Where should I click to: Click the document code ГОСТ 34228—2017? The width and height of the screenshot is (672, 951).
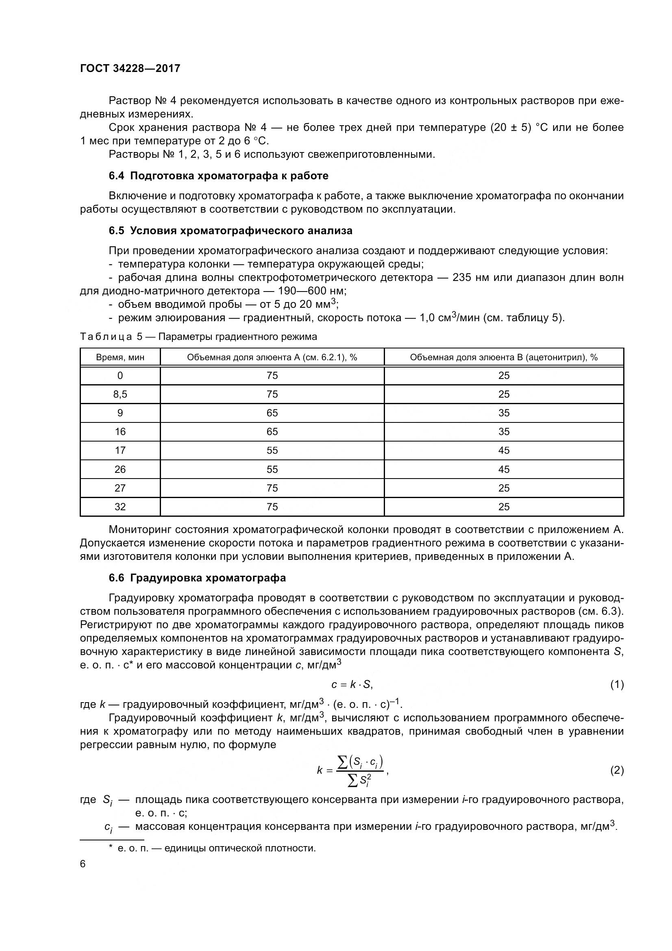(130, 68)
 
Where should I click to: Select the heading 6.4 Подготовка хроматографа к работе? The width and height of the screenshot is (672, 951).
(219, 176)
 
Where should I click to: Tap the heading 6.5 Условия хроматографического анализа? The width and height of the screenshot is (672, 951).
(231, 231)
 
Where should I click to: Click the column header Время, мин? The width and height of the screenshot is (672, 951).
(120, 357)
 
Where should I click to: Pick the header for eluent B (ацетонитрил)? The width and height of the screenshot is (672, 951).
(503, 357)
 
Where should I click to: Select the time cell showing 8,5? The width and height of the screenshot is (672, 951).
(120, 394)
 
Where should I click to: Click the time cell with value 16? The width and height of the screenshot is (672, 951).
(120, 432)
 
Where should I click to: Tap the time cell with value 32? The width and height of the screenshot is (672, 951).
(120, 507)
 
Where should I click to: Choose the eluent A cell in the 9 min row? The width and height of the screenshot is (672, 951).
(272, 413)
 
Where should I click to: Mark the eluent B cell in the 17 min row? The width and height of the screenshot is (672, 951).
(503, 450)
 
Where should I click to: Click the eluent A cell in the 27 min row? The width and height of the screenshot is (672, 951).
(272, 488)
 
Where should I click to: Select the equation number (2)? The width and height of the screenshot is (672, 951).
(617, 770)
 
